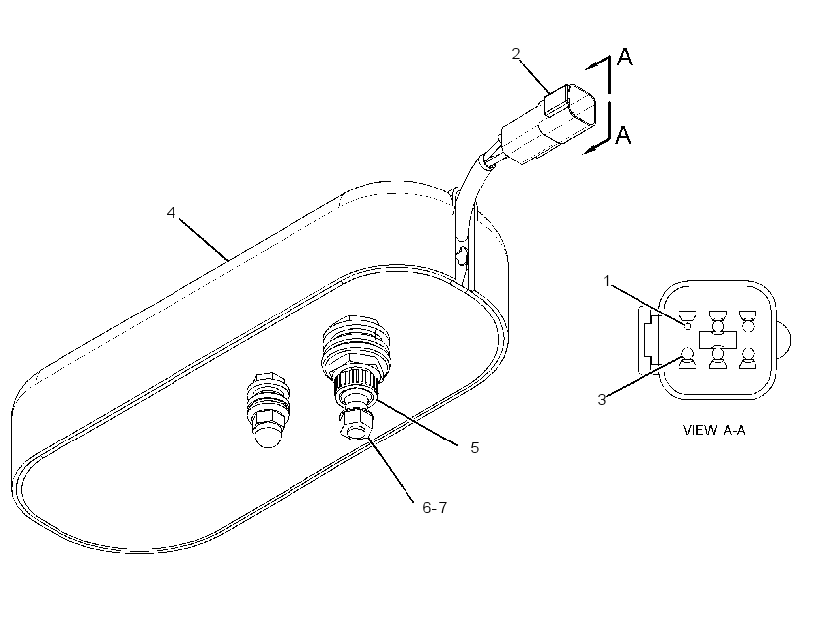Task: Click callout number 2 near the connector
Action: (515, 53)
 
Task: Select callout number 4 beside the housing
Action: (172, 212)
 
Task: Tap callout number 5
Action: (475, 447)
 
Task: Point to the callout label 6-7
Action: (434, 508)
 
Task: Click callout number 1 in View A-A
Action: (607, 281)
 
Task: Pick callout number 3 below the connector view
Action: (602, 399)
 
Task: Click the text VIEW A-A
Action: (714, 430)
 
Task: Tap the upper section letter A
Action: (625, 57)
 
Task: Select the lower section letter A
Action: (623, 135)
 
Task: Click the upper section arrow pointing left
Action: (597, 63)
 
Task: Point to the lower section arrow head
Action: (590, 149)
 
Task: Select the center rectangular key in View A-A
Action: (718, 340)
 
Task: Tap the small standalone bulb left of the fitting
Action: (268, 410)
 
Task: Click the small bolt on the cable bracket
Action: (461, 255)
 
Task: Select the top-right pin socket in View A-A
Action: (748, 320)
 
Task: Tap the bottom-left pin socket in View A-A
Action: (687, 358)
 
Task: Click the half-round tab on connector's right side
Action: (783, 340)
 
